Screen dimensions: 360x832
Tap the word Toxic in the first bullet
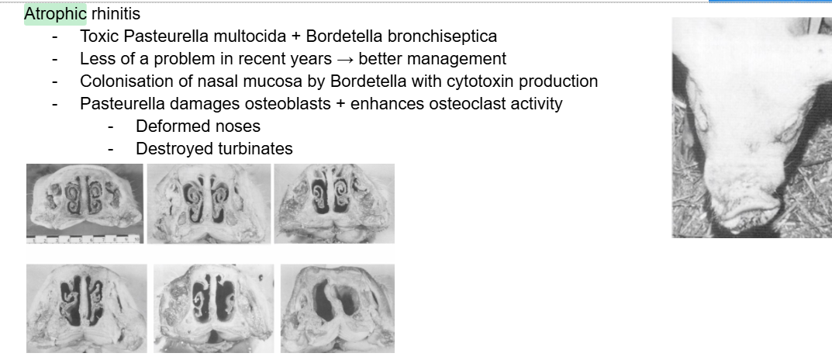point(98,36)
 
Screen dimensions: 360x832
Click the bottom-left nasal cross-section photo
point(86,307)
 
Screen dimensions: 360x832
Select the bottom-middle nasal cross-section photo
point(213,307)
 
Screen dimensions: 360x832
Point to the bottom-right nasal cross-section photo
point(337,307)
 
